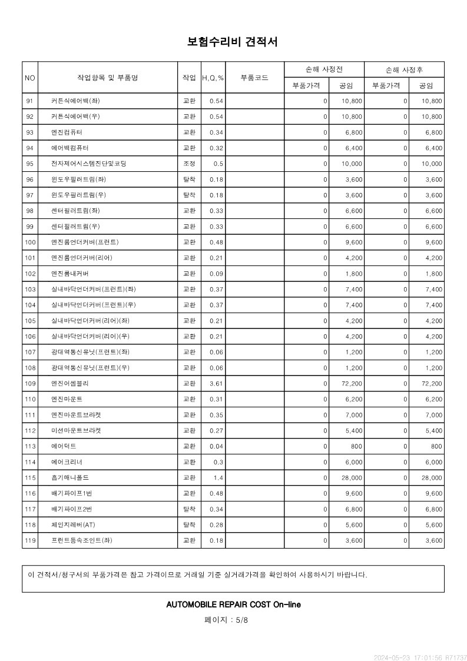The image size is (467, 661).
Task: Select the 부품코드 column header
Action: point(254,78)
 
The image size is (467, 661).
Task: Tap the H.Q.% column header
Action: point(213,78)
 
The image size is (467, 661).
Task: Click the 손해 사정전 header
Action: point(324,69)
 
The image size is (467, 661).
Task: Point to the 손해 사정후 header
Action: point(404,69)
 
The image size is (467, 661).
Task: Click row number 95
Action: point(29,164)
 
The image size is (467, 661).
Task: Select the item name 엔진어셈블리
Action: point(70,384)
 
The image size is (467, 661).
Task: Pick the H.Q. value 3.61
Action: point(216,384)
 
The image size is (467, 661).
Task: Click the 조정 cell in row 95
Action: point(189,164)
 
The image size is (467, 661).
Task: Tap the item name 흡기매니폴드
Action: point(70,478)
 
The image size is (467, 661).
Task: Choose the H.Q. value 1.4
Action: point(218,478)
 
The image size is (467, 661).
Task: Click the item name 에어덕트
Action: point(64,447)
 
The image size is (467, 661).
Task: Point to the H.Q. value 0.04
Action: point(216,447)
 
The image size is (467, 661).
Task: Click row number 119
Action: point(29,540)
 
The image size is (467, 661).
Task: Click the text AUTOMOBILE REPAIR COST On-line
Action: point(233,604)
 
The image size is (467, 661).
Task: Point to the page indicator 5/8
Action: point(241,620)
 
